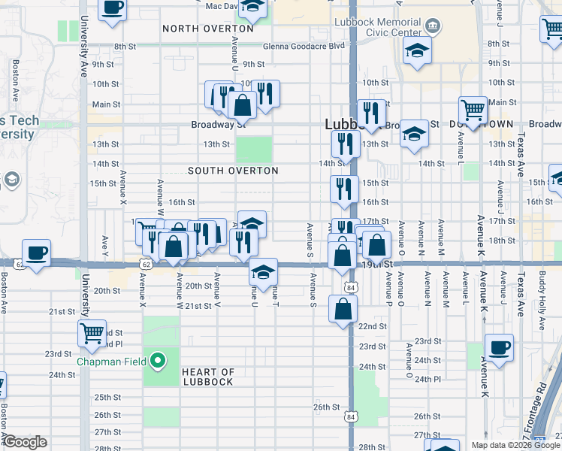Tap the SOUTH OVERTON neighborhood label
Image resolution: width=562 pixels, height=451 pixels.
tap(233, 171)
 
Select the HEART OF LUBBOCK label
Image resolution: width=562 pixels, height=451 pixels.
tap(208, 377)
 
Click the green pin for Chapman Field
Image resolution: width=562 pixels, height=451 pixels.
tap(157, 362)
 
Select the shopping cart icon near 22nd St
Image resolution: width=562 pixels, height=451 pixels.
tap(92, 331)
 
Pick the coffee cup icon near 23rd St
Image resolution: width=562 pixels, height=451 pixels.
tap(498, 347)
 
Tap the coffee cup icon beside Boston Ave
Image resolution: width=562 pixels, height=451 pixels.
tap(36, 252)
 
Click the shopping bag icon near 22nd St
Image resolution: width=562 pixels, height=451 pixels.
tap(343, 308)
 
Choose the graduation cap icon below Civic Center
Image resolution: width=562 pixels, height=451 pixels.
tap(415, 51)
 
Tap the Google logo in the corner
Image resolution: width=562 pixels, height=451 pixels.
tap(25, 442)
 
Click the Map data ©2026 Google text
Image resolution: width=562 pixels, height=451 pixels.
tap(515, 445)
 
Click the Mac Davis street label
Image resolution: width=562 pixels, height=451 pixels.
tap(221, 6)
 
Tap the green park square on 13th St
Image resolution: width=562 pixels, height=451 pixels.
tap(254, 149)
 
